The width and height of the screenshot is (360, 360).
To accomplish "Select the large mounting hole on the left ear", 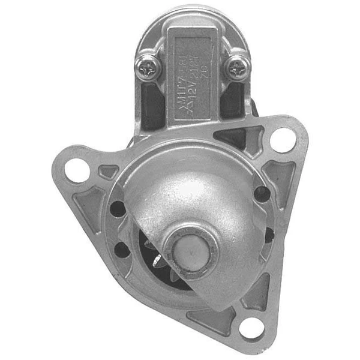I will coord(77,169).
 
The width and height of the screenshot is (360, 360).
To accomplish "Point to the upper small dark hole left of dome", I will coord(118,209).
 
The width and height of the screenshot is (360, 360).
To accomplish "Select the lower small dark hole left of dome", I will coord(122,249).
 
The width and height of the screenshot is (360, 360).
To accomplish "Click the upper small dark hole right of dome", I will coord(262,194).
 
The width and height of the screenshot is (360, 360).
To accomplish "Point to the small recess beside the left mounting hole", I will coord(108,172).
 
